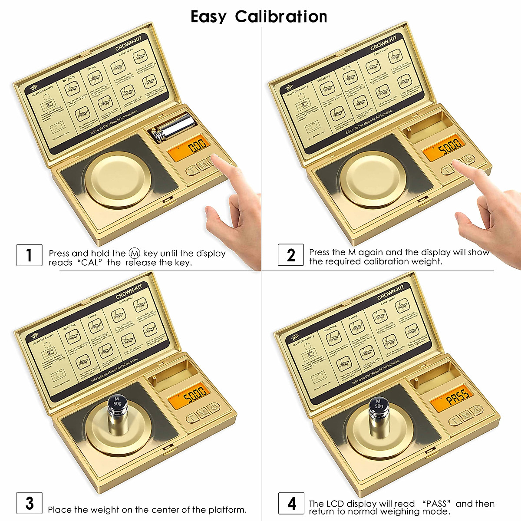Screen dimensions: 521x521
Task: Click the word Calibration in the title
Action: (x=281, y=17)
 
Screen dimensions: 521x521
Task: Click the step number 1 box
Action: (x=29, y=255)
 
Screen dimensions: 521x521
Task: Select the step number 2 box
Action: (x=291, y=255)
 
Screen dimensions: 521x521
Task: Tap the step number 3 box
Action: (x=29, y=503)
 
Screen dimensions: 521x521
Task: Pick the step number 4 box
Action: (x=291, y=504)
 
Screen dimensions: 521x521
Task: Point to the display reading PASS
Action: (x=452, y=397)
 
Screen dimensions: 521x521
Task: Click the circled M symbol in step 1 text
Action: (x=135, y=253)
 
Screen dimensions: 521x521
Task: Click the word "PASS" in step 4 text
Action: (x=435, y=504)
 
